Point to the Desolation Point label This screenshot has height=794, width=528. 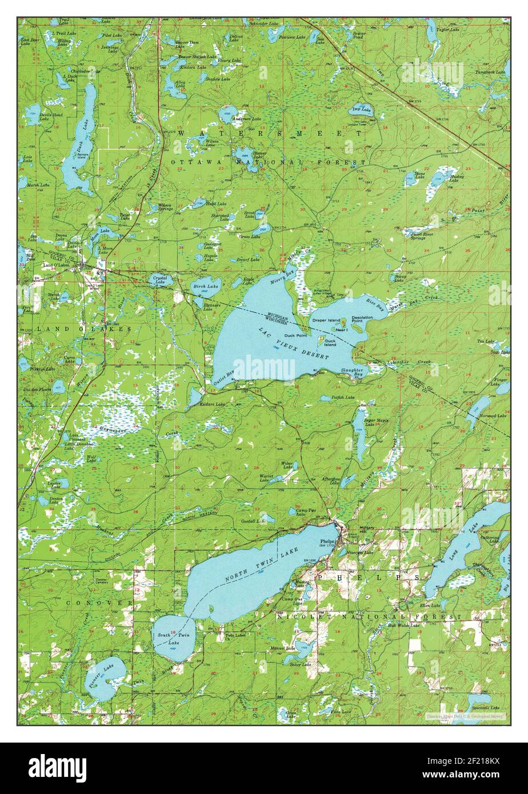[x=362, y=319]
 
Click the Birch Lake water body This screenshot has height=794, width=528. [x=204, y=288]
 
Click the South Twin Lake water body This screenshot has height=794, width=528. [x=173, y=638]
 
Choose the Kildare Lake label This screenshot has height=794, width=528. [x=212, y=404]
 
